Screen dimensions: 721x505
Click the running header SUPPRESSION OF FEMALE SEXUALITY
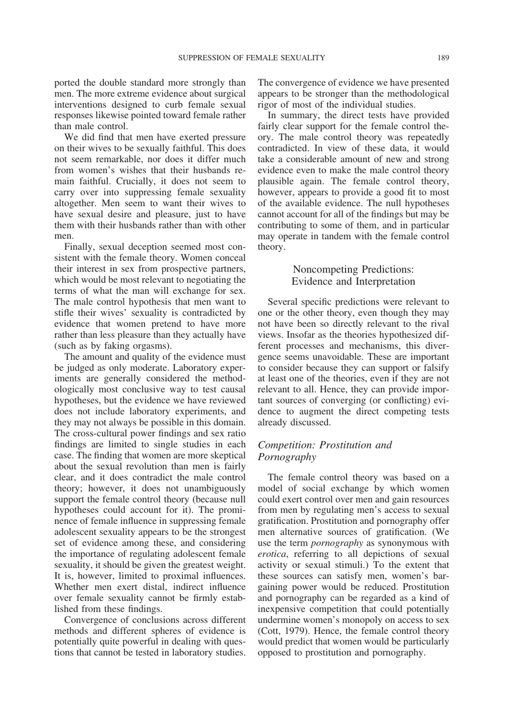pyautogui.click(x=251, y=57)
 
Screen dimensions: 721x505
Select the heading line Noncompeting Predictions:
pyautogui.click(x=353, y=269)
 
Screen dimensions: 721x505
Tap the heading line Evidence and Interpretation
pyautogui.click(x=353, y=282)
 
